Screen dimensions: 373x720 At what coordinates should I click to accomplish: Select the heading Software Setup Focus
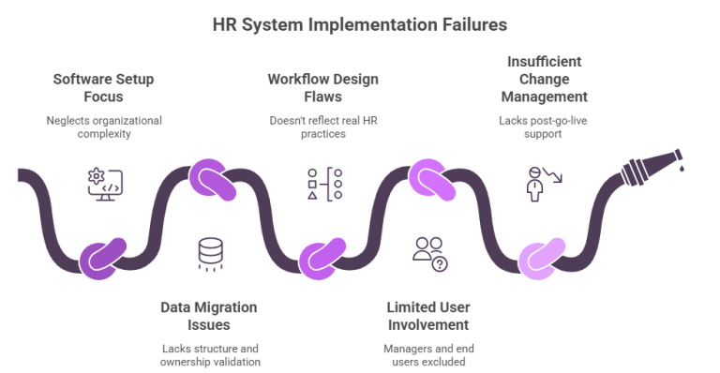[102, 85]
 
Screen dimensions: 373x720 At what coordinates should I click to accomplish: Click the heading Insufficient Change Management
[545, 79]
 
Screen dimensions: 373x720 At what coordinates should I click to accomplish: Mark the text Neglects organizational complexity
[102, 127]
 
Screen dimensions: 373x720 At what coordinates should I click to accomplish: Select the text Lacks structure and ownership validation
[208, 354]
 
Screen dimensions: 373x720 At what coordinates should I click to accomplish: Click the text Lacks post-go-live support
[545, 127]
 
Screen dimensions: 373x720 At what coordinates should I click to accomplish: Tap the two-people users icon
[429, 254]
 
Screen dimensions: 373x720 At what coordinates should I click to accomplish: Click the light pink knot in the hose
[538, 256]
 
